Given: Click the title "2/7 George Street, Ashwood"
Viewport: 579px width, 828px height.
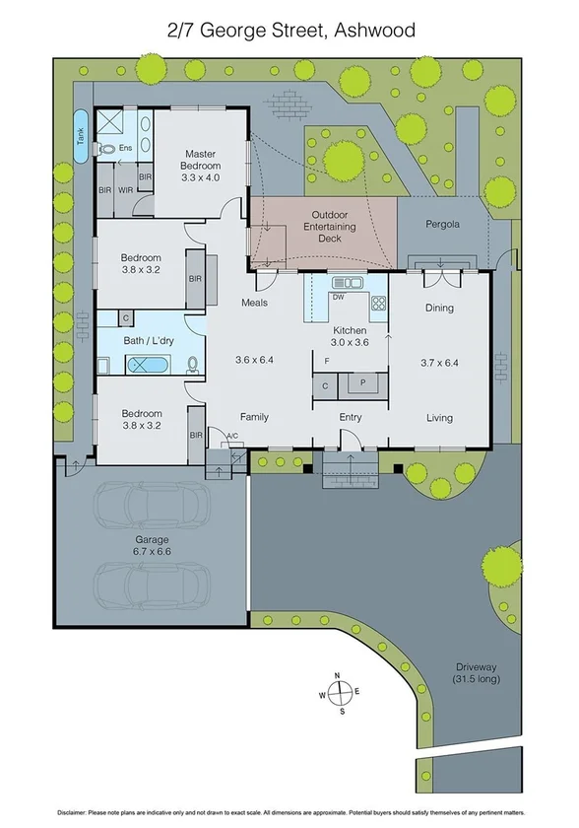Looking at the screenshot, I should pyautogui.click(x=290, y=31).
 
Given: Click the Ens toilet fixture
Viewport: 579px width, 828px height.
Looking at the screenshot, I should pyautogui.click(x=106, y=149).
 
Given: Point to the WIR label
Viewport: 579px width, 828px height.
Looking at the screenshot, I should pyautogui.click(x=125, y=188).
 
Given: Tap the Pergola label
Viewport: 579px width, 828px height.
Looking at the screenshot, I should pyautogui.click(x=442, y=224).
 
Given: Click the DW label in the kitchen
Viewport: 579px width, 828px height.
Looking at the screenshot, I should pyautogui.click(x=338, y=297).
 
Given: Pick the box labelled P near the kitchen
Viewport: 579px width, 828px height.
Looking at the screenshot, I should pyautogui.click(x=362, y=383).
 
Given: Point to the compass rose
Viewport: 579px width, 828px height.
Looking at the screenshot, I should pyautogui.click(x=338, y=693).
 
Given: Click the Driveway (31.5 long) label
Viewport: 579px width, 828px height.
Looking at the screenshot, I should pyautogui.click(x=477, y=673).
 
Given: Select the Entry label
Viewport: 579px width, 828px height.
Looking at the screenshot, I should pyautogui.click(x=351, y=417).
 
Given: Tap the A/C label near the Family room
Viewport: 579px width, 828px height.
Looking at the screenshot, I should pyautogui.click(x=231, y=435).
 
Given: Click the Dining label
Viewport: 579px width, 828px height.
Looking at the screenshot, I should pyautogui.click(x=439, y=308).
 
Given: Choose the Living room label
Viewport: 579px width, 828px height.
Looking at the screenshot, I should pyautogui.click(x=439, y=417).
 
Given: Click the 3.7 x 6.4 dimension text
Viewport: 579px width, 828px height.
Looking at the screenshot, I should pyautogui.click(x=439, y=362).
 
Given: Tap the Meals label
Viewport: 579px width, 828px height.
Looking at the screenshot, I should pyautogui.click(x=255, y=303).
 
